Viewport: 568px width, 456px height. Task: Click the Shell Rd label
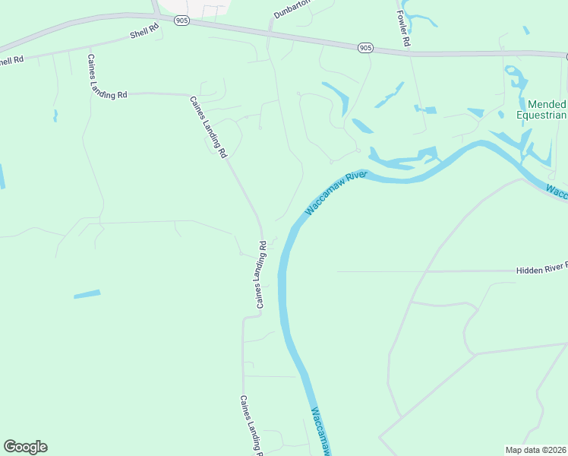[x=144, y=31]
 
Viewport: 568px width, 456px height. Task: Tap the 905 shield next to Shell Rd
[x=181, y=21]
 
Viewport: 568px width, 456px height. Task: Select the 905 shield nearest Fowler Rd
[x=366, y=48]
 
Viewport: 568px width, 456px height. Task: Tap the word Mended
[x=547, y=104]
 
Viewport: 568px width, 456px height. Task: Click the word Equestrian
[x=541, y=116]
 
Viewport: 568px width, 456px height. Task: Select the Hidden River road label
[x=541, y=269]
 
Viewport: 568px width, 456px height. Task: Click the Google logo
[x=25, y=447]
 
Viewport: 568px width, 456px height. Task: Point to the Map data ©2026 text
[x=535, y=450]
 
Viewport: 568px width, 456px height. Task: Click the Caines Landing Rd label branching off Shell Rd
[x=106, y=77]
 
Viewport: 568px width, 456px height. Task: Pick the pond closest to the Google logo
[x=87, y=294]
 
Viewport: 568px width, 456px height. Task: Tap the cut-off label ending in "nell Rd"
[x=12, y=60]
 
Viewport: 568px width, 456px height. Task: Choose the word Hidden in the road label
[x=530, y=270]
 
